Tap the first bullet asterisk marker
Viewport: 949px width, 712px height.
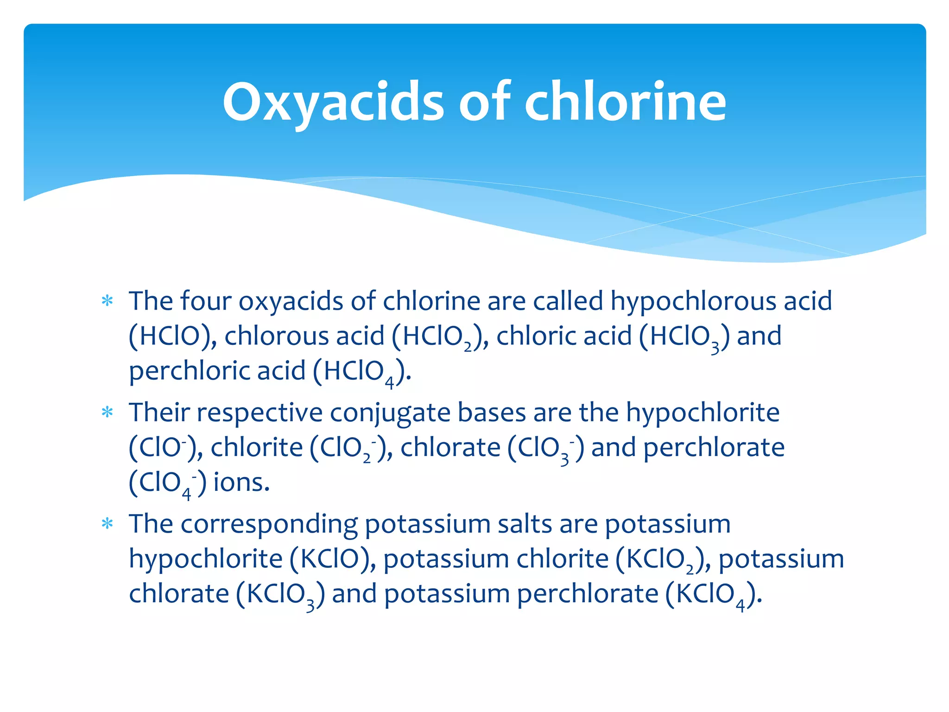click(108, 301)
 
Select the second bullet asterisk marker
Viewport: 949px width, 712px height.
click(108, 412)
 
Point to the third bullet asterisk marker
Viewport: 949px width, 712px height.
click(108, 524)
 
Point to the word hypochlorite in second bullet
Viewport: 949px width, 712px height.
click(703, 412)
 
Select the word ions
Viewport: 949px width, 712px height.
click(241, 483)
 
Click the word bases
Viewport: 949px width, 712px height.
click(492, 412)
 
